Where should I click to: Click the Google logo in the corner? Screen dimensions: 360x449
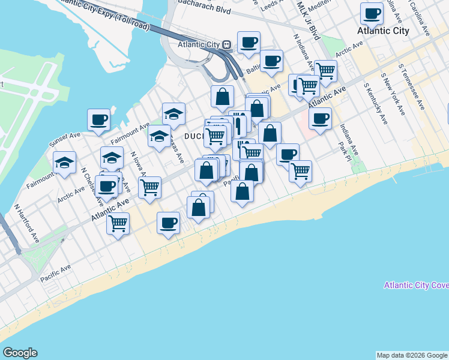(x=20, y=353)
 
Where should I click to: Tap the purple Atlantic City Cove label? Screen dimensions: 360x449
(x=416, y=285)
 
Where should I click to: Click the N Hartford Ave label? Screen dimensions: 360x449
(x=27, y=223)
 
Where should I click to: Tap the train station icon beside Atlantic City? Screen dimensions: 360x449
(x=227, y=44)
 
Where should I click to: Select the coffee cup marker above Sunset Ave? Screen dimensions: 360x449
(x=98, y=119)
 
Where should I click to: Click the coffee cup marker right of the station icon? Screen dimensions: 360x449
(x=249, y=42)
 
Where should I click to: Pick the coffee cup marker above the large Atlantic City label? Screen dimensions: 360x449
(x=372, y=13)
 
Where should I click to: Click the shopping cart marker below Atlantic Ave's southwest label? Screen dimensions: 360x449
(x=118, y=223)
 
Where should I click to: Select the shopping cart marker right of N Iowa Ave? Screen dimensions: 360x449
(x=150, y=187)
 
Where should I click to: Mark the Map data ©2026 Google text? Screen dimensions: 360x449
(x=411, y=355)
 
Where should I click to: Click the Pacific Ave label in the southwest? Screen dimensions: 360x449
(x=56, y=272)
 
